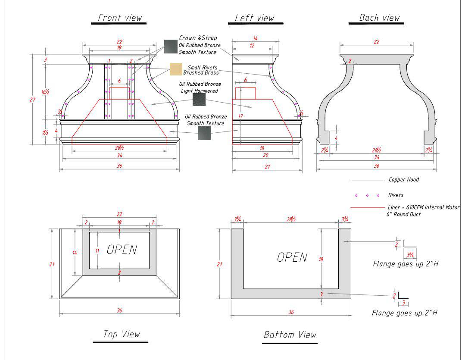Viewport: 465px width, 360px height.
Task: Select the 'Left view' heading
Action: [x=254, y=18]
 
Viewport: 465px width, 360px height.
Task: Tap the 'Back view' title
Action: [x=379, y=18]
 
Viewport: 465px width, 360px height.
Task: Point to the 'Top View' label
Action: [x=122, y=334]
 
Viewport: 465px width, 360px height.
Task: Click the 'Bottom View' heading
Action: [x=290, y=335]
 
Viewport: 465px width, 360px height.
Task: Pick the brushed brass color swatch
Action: [x=176, y=69]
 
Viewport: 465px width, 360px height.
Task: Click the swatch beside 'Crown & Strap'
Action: [x=170, y=45]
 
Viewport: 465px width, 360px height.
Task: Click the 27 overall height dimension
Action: [x=32, y=100]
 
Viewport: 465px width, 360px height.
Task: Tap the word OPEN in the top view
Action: [x=122, y=250]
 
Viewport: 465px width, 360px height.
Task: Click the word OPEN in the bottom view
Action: [x=292, y=257]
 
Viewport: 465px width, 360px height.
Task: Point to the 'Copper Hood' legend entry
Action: [x=403, y=179]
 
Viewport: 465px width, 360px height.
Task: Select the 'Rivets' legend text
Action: [x=396, y=195]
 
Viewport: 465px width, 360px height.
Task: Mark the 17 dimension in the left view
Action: [x=240, y=116]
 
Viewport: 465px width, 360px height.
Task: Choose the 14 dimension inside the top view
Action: [x=75, y=253]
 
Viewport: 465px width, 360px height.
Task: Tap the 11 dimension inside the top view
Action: [x=97, y=250]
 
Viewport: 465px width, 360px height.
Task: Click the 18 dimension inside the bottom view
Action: [x=321, y=259]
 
